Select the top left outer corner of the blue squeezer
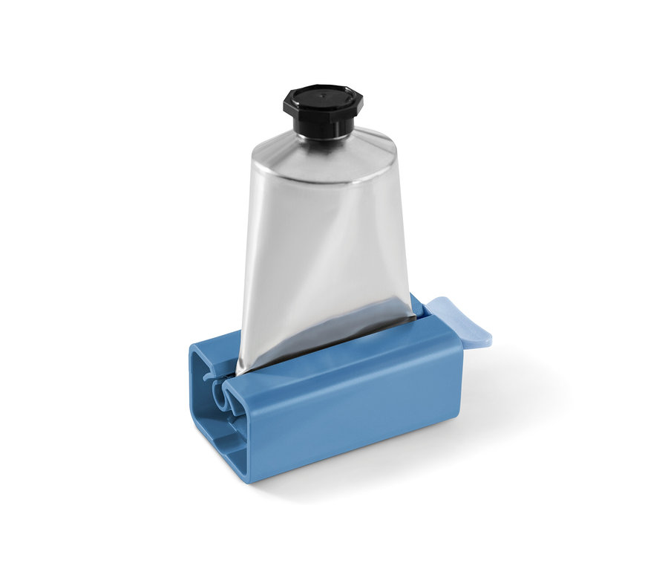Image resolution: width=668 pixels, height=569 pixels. pyautogui.click(x=194, y=346)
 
